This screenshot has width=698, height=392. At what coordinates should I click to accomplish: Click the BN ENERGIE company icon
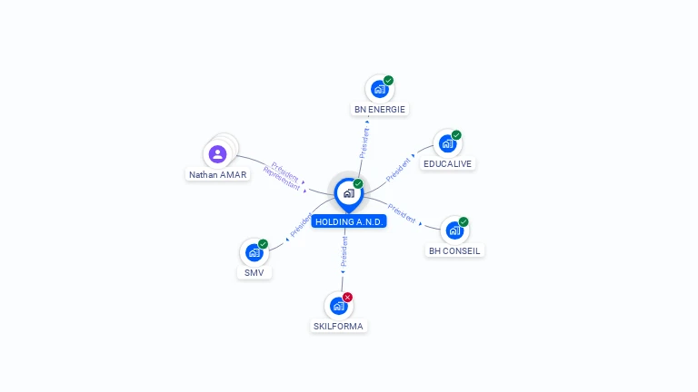coord(379,89)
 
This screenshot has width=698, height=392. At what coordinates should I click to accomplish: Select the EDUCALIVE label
coord(447,164)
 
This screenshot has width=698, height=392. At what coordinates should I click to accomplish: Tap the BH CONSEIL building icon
coord(454,230)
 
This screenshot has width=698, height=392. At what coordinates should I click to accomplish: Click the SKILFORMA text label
coord(338,327)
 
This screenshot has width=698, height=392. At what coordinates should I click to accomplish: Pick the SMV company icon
coord(254,252)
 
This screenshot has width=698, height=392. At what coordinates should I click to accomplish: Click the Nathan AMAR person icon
coord(218,154)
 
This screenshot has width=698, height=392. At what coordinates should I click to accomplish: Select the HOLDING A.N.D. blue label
coord(349,221)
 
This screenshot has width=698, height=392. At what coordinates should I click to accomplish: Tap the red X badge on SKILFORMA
coord(348,298)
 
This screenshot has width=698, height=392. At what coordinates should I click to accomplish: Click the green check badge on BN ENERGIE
coord(389,81)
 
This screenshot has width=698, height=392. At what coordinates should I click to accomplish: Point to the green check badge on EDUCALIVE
coord(456,135)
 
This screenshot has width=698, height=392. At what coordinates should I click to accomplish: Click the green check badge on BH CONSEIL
coord(464,221)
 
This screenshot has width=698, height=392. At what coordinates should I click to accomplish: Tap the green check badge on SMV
coord(263,244)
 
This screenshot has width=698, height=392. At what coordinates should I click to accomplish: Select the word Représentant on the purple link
coord(282,179)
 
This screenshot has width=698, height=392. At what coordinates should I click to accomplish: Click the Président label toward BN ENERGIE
coord(364,142)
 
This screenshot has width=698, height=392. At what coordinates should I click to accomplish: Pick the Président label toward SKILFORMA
coord(344,251)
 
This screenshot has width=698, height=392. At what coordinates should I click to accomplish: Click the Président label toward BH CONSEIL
coord(402,213)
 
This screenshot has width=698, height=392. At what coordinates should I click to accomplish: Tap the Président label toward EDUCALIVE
coord(398,170)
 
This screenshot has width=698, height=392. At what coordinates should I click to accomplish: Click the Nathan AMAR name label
coord(218,174)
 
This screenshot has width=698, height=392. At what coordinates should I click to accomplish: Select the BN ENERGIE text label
coord(380,109)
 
